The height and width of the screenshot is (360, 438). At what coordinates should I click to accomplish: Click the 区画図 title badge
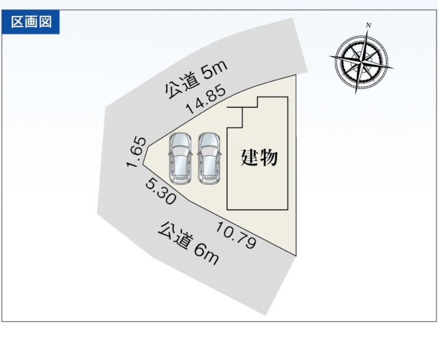(31, 22)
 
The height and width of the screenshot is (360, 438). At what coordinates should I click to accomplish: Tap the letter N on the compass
(369, 25)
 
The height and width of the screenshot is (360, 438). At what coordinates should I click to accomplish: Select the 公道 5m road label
(196, 79)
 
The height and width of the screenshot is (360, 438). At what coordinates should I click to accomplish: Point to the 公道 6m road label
(188, 244)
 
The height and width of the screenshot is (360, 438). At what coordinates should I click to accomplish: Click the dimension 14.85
(206, 99)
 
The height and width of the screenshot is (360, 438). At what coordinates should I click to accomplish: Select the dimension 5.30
(161, 192)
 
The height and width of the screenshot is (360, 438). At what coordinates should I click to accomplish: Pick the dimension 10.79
(236, 235)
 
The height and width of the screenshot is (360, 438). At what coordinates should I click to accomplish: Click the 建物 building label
(259, 158)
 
